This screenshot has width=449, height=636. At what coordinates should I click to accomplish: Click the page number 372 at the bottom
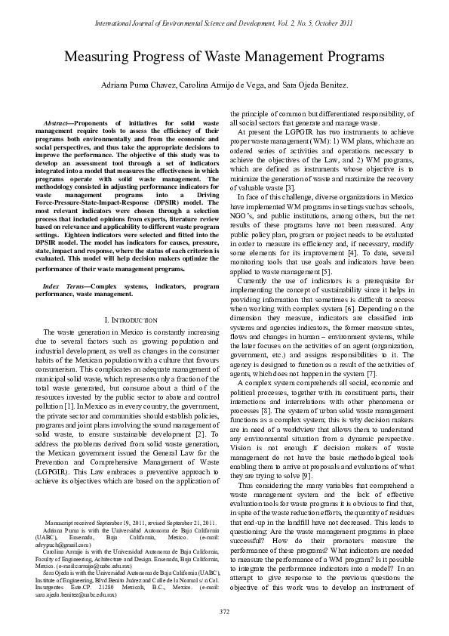pyautogui.click(x=224, y=611)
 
